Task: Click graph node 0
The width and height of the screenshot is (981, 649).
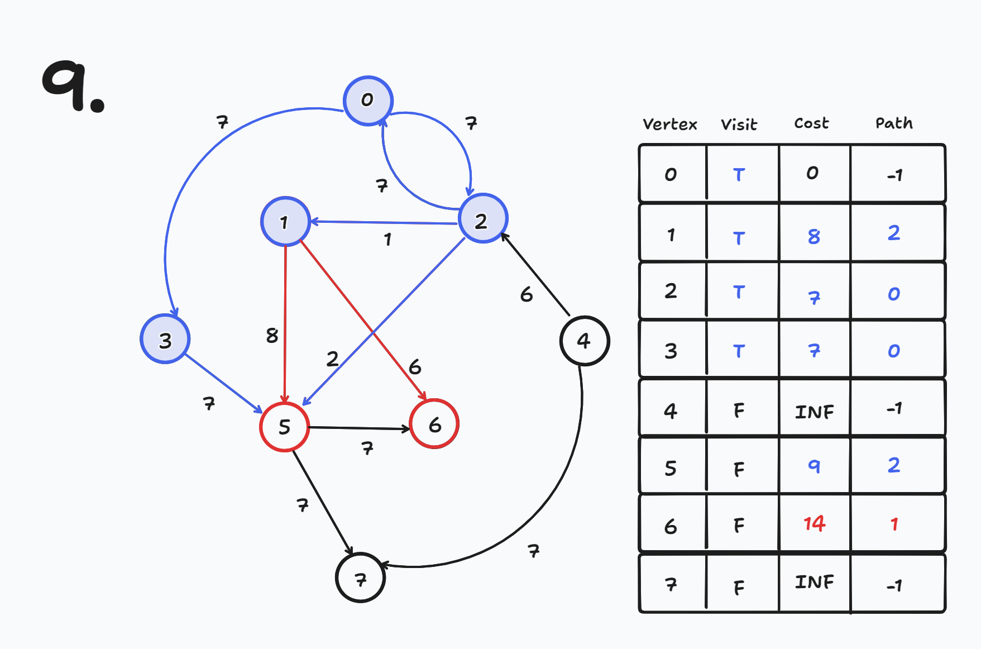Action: coord(368,101)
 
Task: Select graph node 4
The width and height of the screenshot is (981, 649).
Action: coord(584,341)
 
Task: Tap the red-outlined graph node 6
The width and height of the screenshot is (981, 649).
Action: coord(434,424)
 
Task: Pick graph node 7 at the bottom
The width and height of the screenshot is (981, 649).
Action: coord(361,578)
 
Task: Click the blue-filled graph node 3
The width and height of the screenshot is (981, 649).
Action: coord(165,340)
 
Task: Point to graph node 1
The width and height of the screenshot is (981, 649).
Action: coord(285,222)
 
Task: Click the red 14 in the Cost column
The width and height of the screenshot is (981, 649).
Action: coord(814,523)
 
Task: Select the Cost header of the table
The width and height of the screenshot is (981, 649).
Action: coord(811,123)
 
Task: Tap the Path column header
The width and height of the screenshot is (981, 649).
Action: coord(894,123)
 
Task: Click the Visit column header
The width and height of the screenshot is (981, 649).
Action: coord(739,125)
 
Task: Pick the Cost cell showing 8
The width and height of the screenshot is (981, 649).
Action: coord(814,237)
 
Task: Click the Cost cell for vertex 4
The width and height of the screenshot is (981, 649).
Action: coord(814,412)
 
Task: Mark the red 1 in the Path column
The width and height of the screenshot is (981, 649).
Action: coord(894,524)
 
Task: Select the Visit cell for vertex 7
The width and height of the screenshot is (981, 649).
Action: coord(739,587)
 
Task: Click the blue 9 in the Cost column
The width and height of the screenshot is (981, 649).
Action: coord(814,466)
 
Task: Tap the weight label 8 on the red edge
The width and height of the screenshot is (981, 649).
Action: coord(272,336)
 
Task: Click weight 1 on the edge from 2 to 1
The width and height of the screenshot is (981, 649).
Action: coord(387,240)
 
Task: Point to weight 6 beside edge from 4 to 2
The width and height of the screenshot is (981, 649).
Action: coord(526,294)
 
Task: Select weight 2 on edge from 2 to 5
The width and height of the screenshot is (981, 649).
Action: coord(332,359)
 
